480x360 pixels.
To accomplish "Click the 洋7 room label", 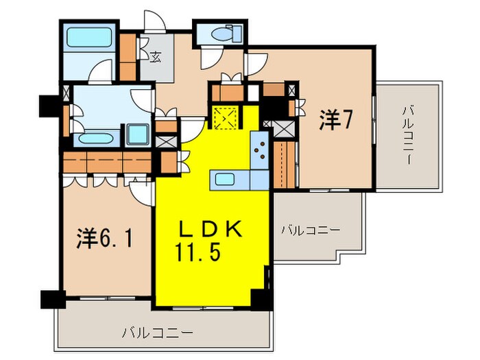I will pyautogui.click(x=336, y=121).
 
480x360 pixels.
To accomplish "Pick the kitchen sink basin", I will pyautogui.click(x=226, y=180).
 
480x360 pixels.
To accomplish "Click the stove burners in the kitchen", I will pyautogui.click(x=260, y=149).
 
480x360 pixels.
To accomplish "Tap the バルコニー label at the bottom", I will pyautogui.click(x=157, y=334).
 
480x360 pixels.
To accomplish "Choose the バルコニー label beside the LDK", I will pyautogui.click(x=309, y=230).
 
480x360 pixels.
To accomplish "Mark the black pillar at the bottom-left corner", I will pyautogui.click(x=51, y=299).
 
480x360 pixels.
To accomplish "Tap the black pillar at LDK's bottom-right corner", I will pyautogui.click(x=261, y=297).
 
